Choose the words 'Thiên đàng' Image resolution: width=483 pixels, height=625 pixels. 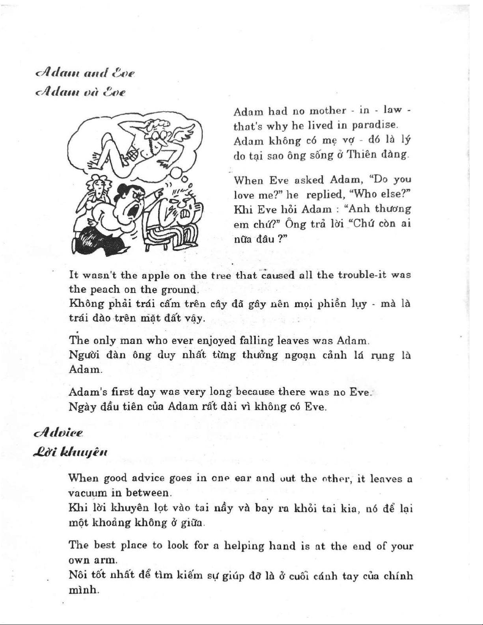coord(377,155)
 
